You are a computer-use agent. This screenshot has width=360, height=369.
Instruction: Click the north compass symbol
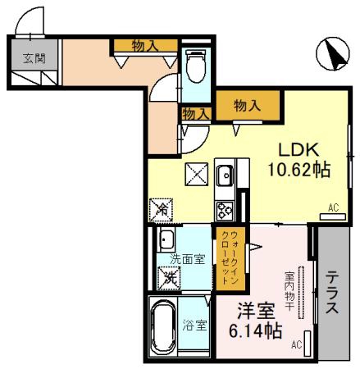point(333,54)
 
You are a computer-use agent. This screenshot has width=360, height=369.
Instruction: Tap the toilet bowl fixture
point(195,66)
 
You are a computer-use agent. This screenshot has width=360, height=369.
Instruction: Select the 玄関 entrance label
point(34,58)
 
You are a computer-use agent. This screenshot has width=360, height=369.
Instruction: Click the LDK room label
point(298,150)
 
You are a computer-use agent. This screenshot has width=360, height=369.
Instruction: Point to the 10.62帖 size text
point(299,170)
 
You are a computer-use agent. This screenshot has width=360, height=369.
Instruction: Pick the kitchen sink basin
point(225,175)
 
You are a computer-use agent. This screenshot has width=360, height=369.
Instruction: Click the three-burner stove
point(225,211)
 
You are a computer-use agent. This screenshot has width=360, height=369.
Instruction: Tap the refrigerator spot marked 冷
point(161,210)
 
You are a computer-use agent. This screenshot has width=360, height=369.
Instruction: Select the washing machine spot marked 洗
point(169,278)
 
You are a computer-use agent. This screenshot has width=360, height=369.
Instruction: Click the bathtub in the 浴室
point(163,326)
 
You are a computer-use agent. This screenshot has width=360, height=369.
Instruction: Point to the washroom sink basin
point(166,239)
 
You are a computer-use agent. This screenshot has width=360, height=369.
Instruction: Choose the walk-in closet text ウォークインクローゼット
point(230,257)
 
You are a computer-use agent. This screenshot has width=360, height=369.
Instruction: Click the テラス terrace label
point(332,292)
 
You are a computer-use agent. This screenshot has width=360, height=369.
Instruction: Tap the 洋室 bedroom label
point(256,312)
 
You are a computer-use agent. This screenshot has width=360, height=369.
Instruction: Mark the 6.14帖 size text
point(256,330)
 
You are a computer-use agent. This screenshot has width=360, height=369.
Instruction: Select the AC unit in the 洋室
point(308,344)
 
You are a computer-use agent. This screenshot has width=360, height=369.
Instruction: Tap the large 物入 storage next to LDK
point(248,105)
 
